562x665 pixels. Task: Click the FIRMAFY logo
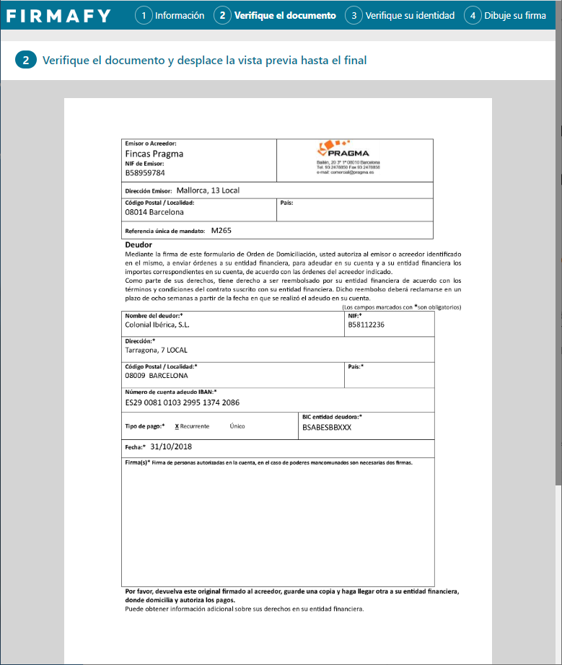pos(58,15)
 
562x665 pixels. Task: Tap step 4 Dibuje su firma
pos(505,15)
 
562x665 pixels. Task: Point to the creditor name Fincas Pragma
pos(154,154)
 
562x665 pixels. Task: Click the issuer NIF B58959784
pos(145,173)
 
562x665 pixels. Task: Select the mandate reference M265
pos(221,231)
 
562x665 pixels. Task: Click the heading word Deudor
pos(139,245)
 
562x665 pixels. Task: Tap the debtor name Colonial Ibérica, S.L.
pos(157,325)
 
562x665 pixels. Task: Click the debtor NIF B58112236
pos(366,325)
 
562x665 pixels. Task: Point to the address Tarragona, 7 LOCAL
pos(156,350)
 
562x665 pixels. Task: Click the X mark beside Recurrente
pos(177,426)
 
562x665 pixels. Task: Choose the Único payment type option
pos(237,426)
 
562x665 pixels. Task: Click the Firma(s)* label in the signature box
pos(138,462)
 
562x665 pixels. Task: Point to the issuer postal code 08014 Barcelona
pos(154,213)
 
